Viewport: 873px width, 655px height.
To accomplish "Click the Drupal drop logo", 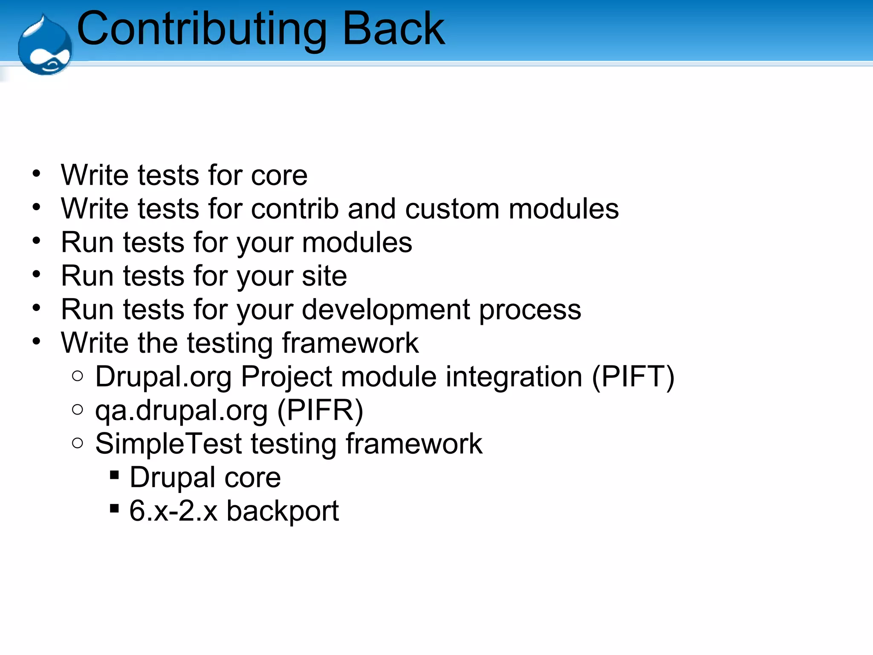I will point(45,46).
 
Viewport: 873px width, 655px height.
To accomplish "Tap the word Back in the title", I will point(393,29).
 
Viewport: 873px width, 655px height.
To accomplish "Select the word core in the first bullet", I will point(279,176).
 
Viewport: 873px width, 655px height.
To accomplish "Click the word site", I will point(324,276).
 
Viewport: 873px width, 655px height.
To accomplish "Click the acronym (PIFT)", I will point(633,377).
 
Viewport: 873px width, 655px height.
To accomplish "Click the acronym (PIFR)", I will point(320,411).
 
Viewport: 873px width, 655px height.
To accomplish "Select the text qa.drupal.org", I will point(181,411).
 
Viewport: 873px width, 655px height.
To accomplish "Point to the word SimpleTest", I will point(168,444).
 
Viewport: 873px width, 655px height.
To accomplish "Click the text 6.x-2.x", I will point(173,511).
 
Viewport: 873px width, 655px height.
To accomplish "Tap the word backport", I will point(282,511).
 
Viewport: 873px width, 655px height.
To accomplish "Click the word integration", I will point(514,377).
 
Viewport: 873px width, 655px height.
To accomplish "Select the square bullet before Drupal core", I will point(114,475).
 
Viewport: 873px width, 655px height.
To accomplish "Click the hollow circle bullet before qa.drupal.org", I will point(78,410).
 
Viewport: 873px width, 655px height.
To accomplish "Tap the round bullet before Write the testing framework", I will point(37,341).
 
